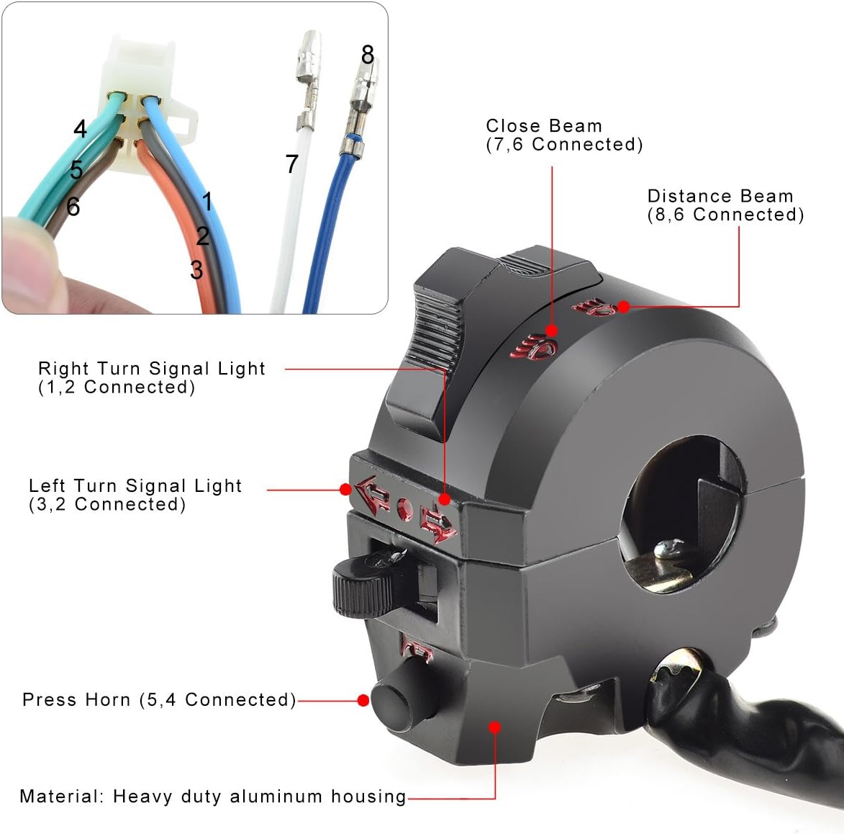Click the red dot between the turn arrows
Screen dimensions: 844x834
(x=404, y=510)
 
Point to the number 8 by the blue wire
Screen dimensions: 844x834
(x=368, y=55)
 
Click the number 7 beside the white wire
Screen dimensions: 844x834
(x=291, y=164)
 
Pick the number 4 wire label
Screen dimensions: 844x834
(x=80, y=129)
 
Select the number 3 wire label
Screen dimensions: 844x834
(x=196, y=270)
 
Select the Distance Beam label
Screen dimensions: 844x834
(x=720, y=196)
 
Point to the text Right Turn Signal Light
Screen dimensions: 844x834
(x=152, y=369)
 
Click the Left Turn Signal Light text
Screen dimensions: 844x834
(x=135, y=486)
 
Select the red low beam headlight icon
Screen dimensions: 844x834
(x=534, y=347)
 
